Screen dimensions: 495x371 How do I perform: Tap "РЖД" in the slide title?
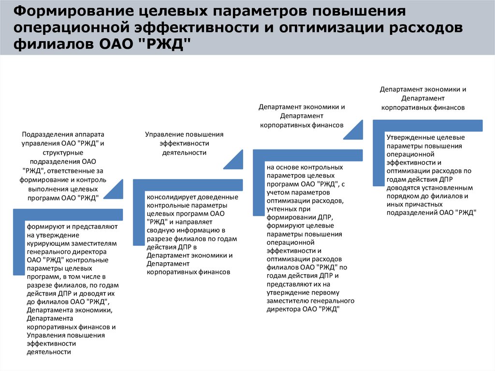click(x=167, y=45)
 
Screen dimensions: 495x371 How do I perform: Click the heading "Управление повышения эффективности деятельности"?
click(x=184, y=143)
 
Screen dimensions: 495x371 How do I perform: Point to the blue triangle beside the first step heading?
click(x=114, y=192)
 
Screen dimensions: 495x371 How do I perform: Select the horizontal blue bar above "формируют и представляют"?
click(x=68, y=215)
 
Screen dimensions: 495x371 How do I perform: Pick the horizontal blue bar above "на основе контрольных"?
click(x=307, y=155)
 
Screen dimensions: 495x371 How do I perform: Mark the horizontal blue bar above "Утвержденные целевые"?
click(x=428, y=125)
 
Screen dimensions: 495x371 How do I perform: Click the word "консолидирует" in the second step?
click(x=169, y=198)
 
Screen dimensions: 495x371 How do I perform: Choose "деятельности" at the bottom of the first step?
click(x=49, y=352)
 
